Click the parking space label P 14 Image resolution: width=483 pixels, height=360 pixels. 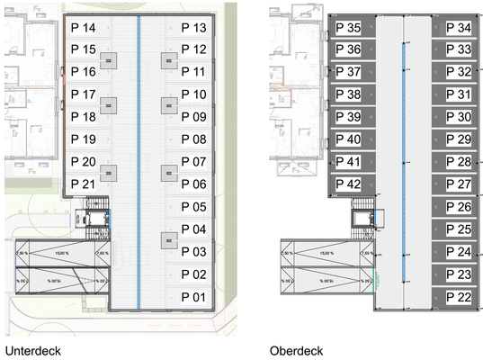tap(84, 29)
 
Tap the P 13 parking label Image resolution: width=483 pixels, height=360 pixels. tap(193, 29)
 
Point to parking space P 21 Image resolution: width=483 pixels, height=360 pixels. tap(84, 184)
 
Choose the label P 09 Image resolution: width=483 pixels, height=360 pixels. tap(193, 117)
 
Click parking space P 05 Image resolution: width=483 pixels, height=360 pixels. tap(193, 207)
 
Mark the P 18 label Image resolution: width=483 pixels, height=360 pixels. tap(84, 117)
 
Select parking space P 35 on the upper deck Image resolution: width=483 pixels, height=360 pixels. tap(348, 29)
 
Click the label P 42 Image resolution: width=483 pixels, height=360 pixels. tap(348, 184)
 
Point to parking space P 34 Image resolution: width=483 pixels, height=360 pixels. tap(459, 29)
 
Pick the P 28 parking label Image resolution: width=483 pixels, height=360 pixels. tap(459, 162)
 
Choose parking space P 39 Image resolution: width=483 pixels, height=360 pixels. tap(348, 117)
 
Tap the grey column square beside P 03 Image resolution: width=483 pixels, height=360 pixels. tap(168, 239)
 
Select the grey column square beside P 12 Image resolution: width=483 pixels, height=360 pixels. tap(168, 60)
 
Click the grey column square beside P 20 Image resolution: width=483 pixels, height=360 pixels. tap(109, 172)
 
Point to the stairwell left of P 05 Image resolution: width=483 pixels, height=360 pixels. tap(94, 219)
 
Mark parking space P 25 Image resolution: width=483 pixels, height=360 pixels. tap(459, 229)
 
